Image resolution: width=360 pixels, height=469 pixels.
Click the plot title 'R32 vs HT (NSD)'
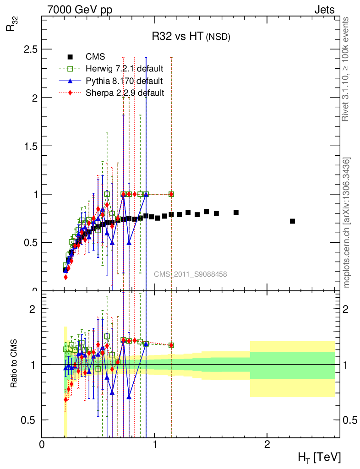[x=191, y=37]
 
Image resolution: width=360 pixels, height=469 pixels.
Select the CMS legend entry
[x=95, y=57]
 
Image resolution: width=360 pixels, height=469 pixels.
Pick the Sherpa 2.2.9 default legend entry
[x=125, y=93]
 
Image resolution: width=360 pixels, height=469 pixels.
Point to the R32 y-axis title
[x=10, y=28]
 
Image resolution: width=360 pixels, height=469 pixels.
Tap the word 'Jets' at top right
[x=324, y=10]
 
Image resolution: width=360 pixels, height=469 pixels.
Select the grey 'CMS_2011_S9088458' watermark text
[x=190, y=274]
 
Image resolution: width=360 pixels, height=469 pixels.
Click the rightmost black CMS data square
[x=292, y=221]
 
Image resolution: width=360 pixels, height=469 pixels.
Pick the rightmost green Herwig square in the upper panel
[x=171, y=194]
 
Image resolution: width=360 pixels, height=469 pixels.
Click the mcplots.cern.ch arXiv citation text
[x=347, y=223]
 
